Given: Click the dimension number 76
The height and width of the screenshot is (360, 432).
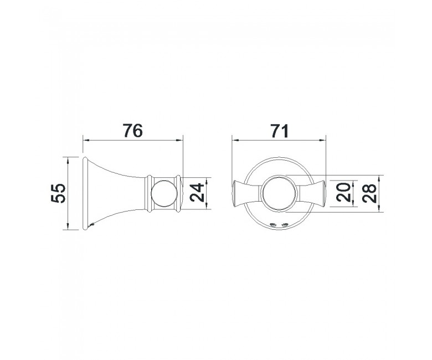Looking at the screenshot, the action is pyautogui.click(x=133, y=131).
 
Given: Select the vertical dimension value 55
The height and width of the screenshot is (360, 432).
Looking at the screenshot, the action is pyautogui.click(x=58, y=193).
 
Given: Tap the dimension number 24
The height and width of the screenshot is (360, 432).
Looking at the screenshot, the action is pyautogui.click(x=197, y=193).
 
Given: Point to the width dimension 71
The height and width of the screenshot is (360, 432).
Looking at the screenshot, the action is pyautogui.click(x=279, y=131).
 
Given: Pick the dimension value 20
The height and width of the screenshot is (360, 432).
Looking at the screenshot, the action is pyautogui.click(x=343, y=193).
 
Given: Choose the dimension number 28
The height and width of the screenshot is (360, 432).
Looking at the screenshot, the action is pyautogui.click(x=369, y=193).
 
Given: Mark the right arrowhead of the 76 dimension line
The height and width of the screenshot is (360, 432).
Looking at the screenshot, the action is pyautogui.click(x=179, y=141).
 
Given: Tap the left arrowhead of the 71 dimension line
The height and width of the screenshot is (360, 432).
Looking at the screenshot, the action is pyautogui.click(x=235, y=141).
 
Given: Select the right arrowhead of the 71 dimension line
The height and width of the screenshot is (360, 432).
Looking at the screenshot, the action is pyautogui.click(x=322, y=141).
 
